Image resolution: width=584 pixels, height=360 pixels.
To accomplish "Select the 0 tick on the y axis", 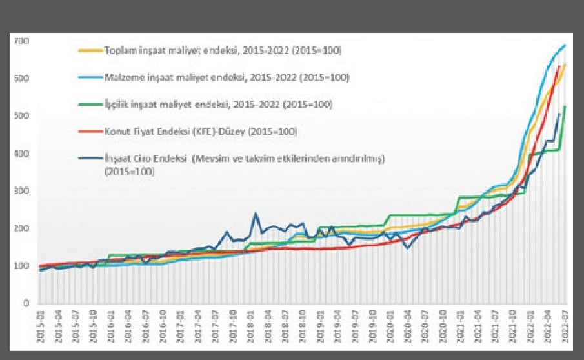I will (x=26, y=303).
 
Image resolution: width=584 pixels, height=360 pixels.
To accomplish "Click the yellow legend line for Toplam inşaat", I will (x=90, y=50).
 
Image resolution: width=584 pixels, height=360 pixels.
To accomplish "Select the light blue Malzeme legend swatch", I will (x=90, y=77).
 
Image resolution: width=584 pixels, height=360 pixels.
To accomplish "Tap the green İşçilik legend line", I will (x=90, y=104).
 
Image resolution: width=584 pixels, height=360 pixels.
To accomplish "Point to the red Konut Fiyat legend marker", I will (x=90, y=132).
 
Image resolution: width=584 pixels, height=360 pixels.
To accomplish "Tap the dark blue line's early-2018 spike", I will (x=256, y=213).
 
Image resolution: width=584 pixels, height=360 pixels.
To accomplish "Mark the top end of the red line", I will (x=559, y=66).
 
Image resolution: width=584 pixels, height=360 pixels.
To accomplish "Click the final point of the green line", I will (x=565, y=106).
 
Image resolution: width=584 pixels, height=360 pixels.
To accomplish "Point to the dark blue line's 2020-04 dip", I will (x=407, y=248).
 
